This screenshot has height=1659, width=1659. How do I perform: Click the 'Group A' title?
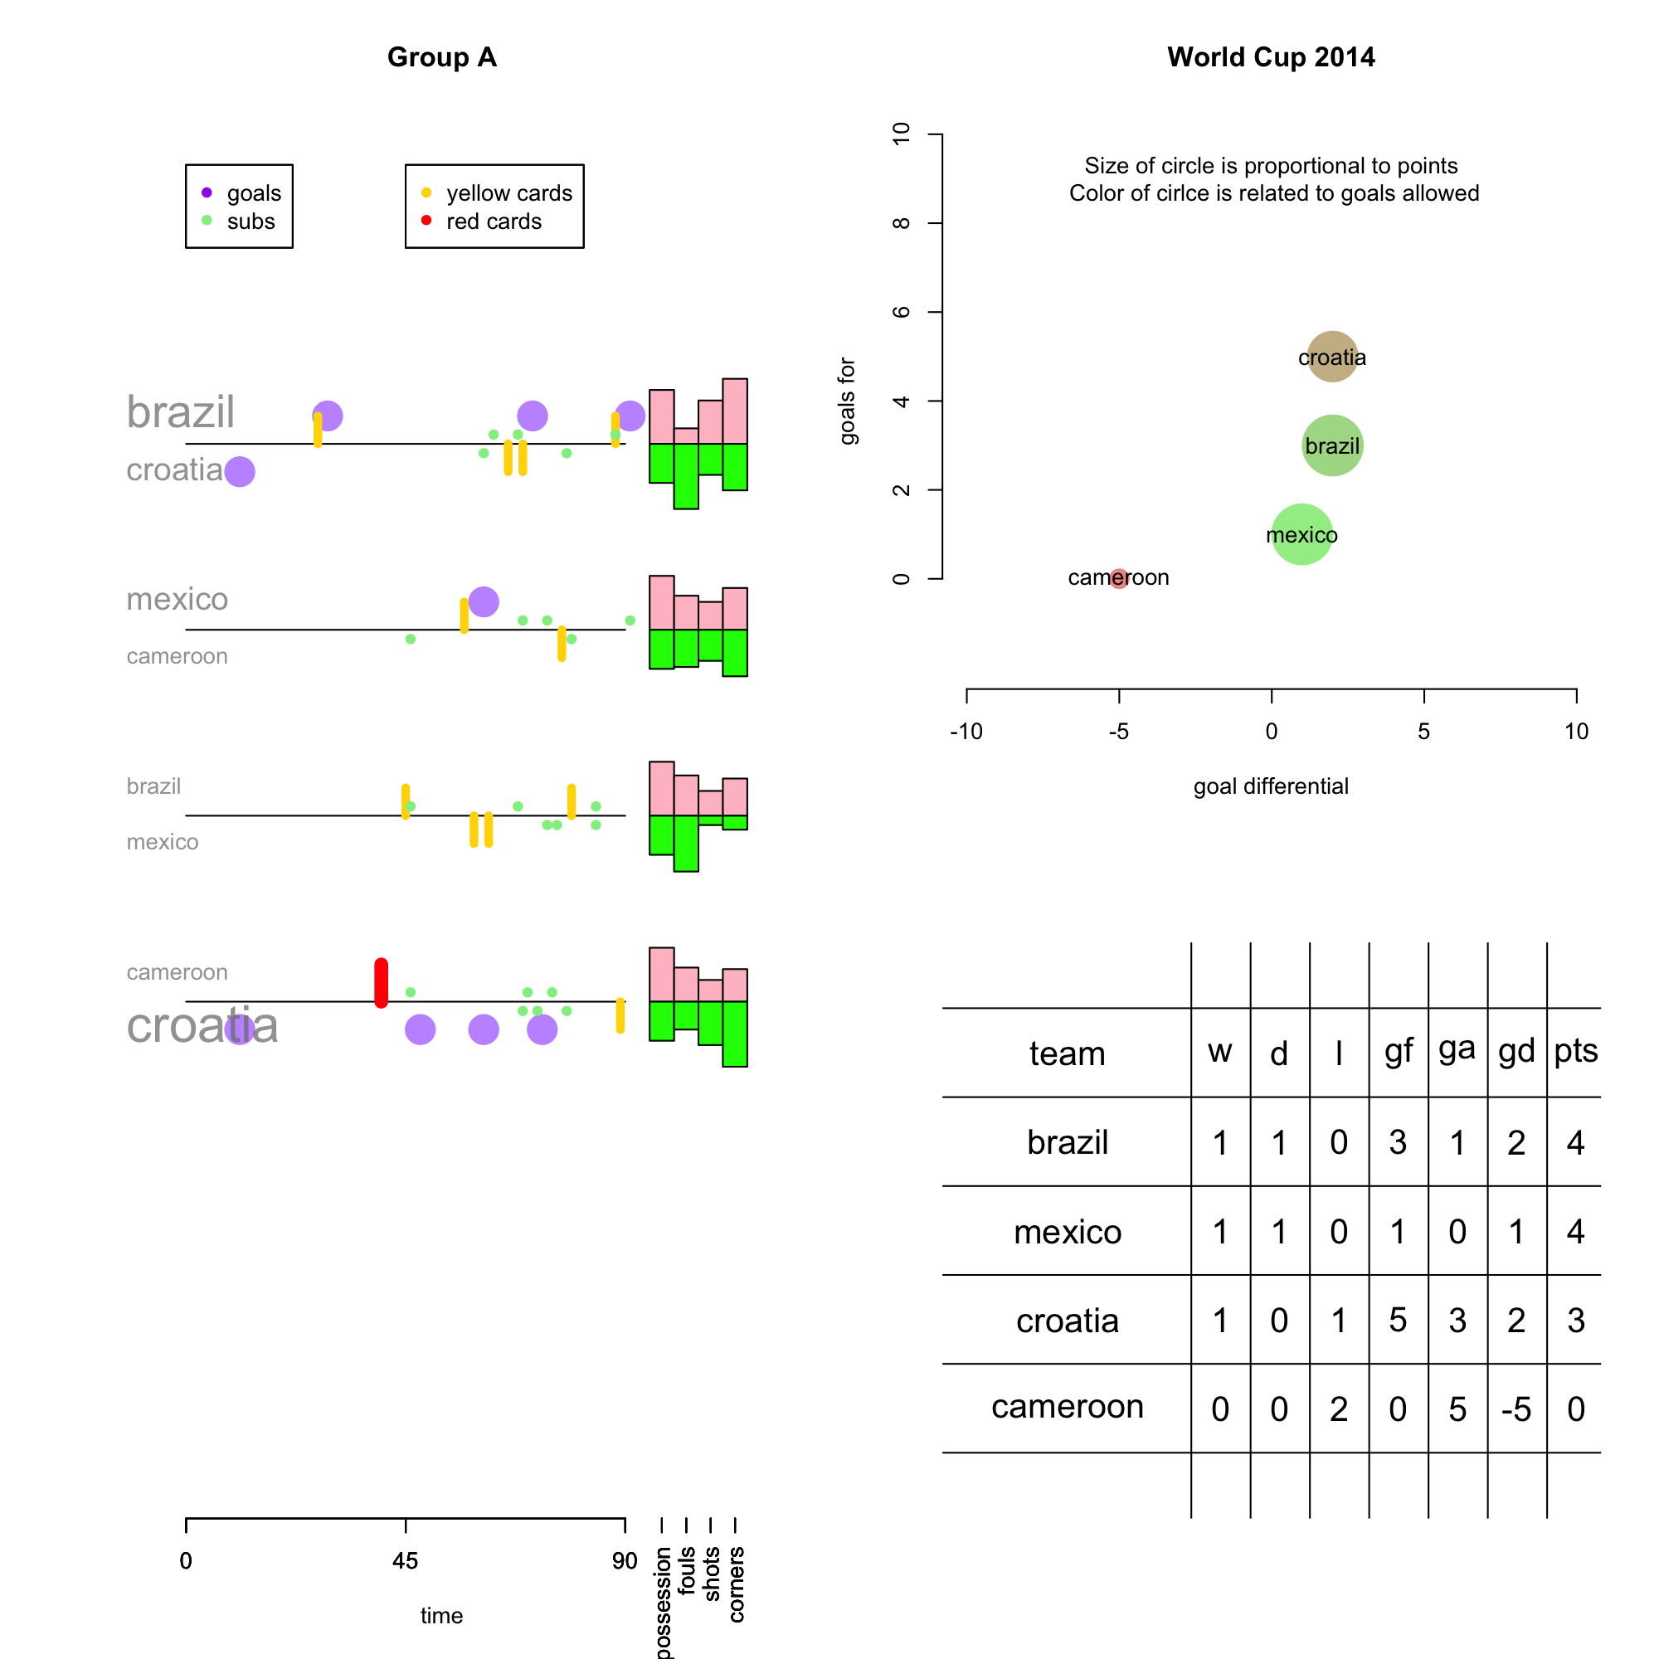441,57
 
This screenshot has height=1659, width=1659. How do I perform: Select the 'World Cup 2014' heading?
1270,57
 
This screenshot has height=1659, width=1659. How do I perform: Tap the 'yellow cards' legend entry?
508,193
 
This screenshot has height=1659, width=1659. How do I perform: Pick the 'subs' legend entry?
251,221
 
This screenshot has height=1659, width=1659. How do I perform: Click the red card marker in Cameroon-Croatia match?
382,982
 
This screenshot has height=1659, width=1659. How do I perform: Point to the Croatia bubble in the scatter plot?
1331,357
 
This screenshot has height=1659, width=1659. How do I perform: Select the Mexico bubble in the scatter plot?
1301,534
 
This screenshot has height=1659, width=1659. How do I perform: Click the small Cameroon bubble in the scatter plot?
1118,578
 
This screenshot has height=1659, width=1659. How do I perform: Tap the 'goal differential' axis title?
1270,786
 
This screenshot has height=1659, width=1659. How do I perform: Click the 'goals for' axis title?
848,401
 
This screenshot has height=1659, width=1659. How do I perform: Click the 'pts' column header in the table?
1575,1050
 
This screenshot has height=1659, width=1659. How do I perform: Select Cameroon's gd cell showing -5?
1515,1409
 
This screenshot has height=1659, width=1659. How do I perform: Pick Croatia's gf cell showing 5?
1397,1320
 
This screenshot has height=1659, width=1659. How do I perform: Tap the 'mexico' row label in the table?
1067,1231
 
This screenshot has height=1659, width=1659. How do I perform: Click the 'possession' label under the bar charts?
662,1602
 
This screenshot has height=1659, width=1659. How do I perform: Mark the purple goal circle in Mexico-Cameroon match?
484,601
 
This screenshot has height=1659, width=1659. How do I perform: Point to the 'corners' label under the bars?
736,1584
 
